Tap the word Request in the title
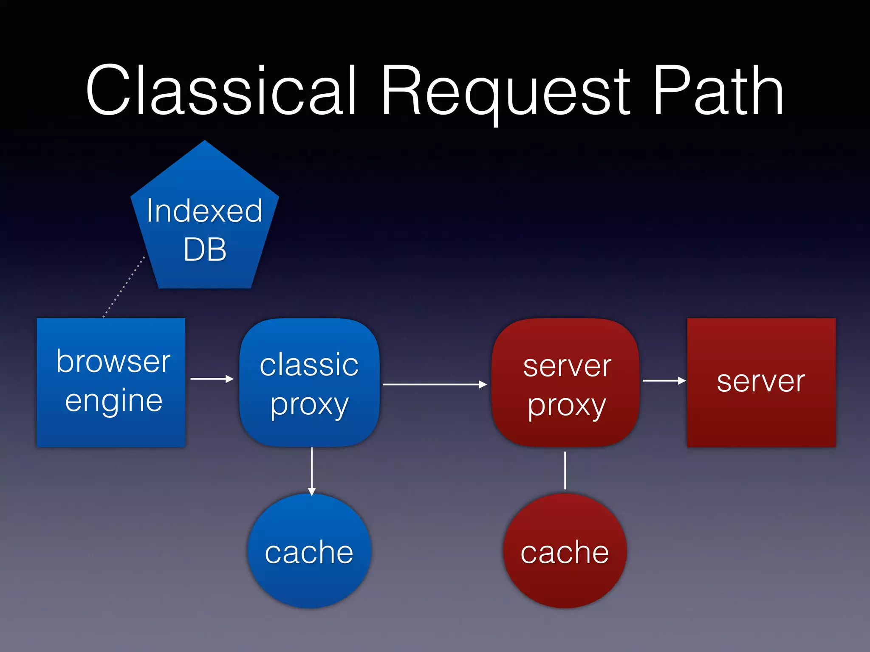[x=506, y=91]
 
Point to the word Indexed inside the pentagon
[x=205, y=211]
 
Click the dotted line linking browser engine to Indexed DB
[x=124, y=287]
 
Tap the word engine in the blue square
[x=114, y=401]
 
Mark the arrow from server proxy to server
[x=664, y=381]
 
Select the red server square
[x=761, y=416]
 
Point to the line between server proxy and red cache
[x=565, y=470]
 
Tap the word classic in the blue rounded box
[x=309, y=365]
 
